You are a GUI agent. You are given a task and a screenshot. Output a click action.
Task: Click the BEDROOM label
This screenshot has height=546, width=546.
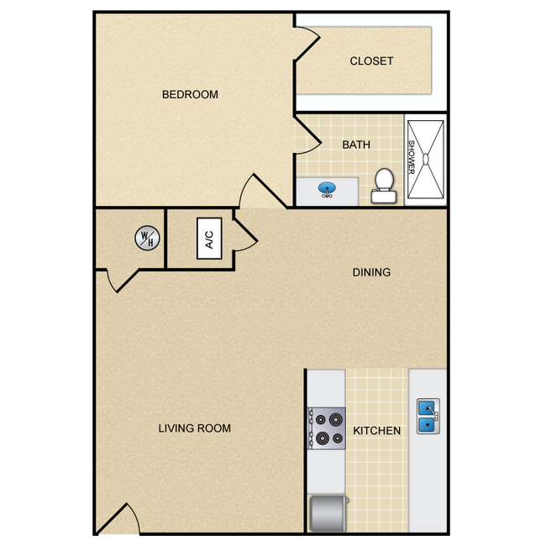pyautogui.click(x=190, y=94)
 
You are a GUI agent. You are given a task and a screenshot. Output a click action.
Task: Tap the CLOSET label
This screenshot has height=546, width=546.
pyautogui.click(x=371, y=61)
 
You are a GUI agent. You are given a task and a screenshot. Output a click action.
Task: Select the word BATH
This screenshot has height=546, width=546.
pyautogui.click(x=356, y=144)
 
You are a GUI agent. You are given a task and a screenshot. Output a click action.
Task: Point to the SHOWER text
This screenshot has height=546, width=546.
pyautogui.click(x=412, y=157)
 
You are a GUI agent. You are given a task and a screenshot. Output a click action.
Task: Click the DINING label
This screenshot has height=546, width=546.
pyautogui.click(x=371, y=272)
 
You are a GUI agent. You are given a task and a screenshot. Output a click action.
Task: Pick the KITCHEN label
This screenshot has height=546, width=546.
pyautogui.click(x=377, y=431)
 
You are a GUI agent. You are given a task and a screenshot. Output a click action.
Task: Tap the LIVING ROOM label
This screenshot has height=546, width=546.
pyautogui.click(x=194, y=428)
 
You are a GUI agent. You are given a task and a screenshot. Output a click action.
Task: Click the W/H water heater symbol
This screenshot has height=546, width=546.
pyautogui.click(x=147, y=239)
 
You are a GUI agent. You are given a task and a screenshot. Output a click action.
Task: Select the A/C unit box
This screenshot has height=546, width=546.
pyautogui.click(x=209, y=239)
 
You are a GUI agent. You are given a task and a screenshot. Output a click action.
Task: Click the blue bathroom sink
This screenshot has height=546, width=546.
pyautogui.click(x=327, y=189)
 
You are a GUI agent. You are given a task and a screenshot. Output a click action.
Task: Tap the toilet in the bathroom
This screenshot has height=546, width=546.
pyautogui.click(x=384, y=186)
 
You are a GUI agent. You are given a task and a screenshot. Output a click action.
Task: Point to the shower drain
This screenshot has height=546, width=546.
pyautogui.click(x=426, y=159)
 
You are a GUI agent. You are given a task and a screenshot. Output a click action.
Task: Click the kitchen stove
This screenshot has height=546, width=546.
pyautogui.click(x=326, y=428)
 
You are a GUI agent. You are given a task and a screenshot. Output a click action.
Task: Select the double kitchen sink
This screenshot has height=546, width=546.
pyautogui.click(x=428, y=416)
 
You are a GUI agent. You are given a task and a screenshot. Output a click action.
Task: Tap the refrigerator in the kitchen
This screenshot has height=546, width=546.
pyautogui.click(x=328, y=513)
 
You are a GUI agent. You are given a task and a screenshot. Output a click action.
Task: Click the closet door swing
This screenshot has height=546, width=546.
pyautogui.click(x=307, y=44)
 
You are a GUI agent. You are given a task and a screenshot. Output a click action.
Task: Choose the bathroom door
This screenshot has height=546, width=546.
pyautogui.click(x=307, y=135)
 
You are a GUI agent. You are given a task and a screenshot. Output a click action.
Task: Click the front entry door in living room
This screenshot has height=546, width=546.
pyautogui.click(x=118, y=518)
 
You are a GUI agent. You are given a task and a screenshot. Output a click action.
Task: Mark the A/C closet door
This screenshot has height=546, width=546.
pyautogui.click(x=245, y=234)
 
